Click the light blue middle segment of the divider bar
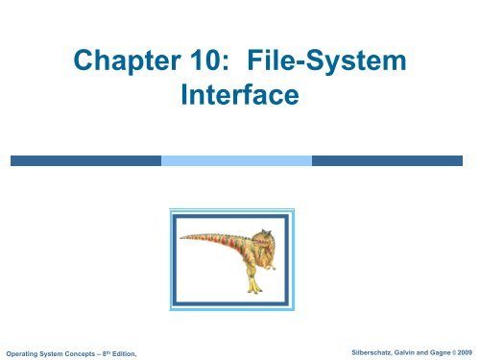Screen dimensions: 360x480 click(239, 157)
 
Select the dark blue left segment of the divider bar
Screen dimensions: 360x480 click(84, 157)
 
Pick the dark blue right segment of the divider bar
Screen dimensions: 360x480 click(395, 157)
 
